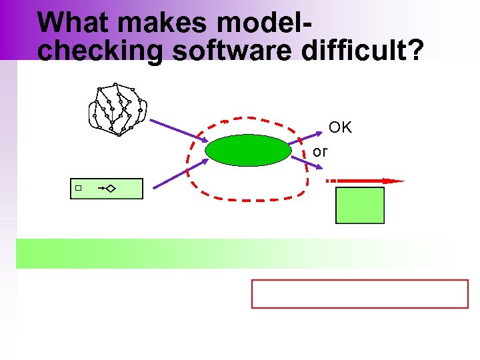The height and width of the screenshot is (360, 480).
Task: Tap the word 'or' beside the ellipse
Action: click(x=320, y=152)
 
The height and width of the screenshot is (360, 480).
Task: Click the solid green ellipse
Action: click(x=248, y=150)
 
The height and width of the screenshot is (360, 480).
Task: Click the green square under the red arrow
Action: click(x=360, y=205)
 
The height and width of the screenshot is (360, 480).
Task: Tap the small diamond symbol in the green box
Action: click(x=109, y=189)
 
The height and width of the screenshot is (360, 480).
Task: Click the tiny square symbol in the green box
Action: click(x=78, y=189)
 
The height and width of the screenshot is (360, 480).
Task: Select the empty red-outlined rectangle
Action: click(x=360, y=294)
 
